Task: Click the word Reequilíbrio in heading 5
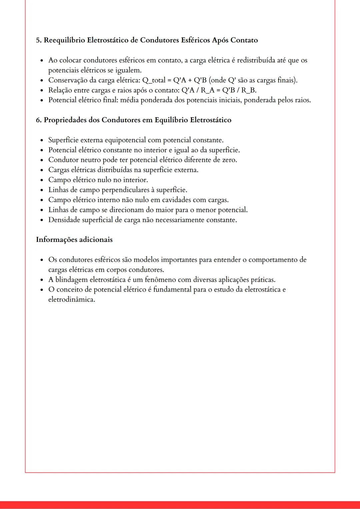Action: (x=64, y=40)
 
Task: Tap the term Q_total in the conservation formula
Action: (x=154, y=80)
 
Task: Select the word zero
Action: (x=229, y=160)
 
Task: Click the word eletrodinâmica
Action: (x=71, y=299)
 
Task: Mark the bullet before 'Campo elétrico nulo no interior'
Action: (x=42, y=180)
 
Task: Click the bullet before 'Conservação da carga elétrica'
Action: (x=42, y=81)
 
